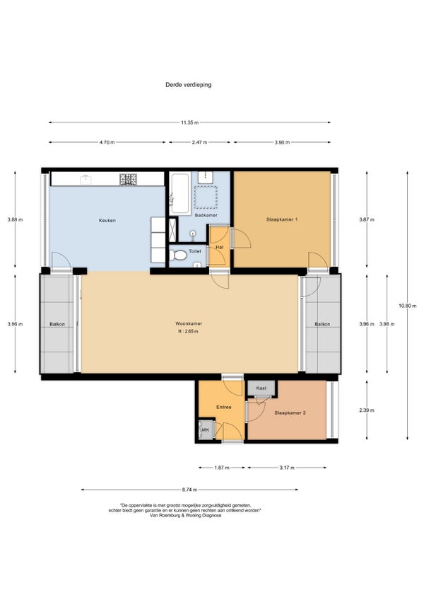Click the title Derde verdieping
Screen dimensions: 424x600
pyautogui.click(x=188, y=85)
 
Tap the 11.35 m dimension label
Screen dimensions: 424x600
pyautogui.click(x=189, y=122)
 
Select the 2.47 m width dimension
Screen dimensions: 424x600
pyautogui.click(x=199, y=142)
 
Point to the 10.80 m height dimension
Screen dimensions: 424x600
pyautogui.click(x=408, y=306)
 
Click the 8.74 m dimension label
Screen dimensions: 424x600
pyautogui.click(x=189, y=490)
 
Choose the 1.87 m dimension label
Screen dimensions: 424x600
pyautogui.click(x=222, y=468)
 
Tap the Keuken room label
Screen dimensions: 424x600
pyautogui.click(x=107, y=221)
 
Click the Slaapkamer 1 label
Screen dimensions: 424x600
pyautogui.click(x=282, y=219)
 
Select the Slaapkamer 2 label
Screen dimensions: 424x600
pyautogui.click(x=290, y=413)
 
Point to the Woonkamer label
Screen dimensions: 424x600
pyautogui.click(x=189, y=323)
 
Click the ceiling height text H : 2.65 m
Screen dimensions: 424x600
pyautogui.click(x=188, y=331)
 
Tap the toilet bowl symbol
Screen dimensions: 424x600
pyautogui.click(x=177, y=255)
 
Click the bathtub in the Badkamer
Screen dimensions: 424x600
pyautogui.click(x=179, y=193)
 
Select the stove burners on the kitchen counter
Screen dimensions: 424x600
pyautogui.click(x=128, y=179)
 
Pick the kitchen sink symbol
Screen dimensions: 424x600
pyautogui.click(x=86, y=180)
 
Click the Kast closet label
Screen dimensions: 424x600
pyautogui.click(x=261, y=388)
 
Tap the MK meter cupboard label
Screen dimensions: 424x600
pyautogui.click(x=206, y=429)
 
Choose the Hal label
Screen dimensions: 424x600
pyautogui.click(x=220, y=247)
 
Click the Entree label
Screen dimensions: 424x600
pyautogui.click(x=224, y=407)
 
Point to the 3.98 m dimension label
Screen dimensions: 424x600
pyautogui.click(x=387, y=324)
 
